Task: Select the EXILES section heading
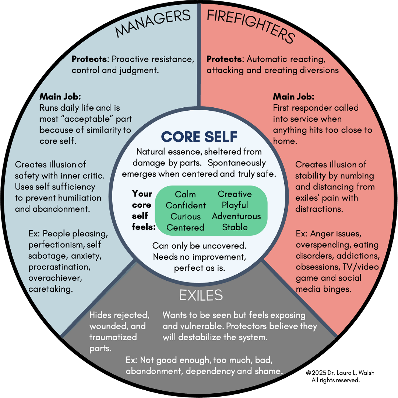point(201,295)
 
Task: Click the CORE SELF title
point(199,137)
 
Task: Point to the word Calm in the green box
point(185,194)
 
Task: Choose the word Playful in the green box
point(235,205)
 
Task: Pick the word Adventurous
point(236,216)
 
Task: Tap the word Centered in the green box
point(185,227)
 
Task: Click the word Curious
point(186,216)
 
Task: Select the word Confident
point(186,205)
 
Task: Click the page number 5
point(324,373)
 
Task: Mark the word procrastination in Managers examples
point(59,267)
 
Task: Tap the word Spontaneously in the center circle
point(237,163)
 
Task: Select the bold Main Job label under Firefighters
point(294,96)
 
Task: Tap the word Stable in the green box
point(235,227)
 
